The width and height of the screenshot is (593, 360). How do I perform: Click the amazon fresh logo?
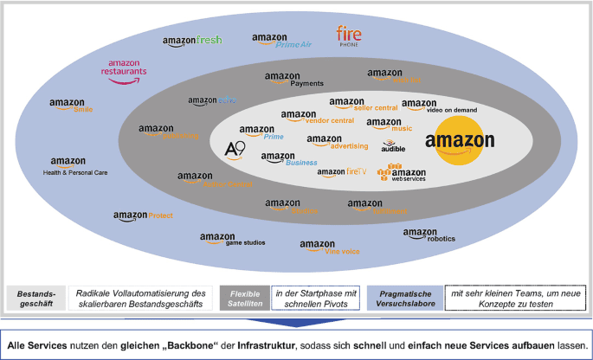[x=192, y=41]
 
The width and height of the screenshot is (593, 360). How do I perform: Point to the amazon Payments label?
[x=294, y=80]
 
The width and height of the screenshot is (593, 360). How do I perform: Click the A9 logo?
[x=235, y=150]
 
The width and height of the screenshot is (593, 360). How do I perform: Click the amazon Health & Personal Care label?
[x=74, y=165]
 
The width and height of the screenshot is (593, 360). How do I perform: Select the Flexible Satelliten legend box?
[x=243, y=299]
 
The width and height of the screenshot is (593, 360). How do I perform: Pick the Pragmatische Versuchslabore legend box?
[x=404, y=299]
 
